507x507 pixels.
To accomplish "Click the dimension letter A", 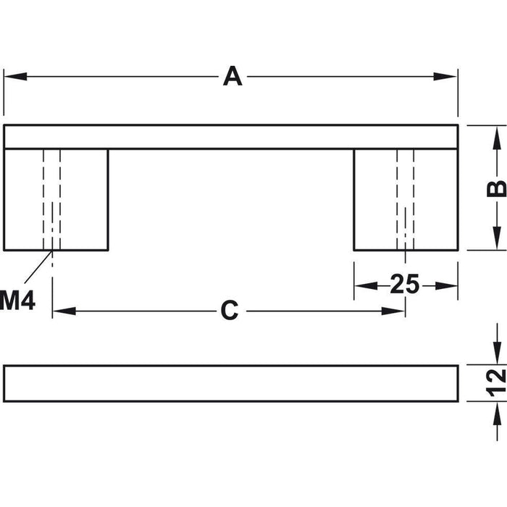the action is coord(232,76).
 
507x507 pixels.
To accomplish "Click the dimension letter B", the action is coord(496,188).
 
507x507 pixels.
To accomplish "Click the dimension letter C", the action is coord(230,311).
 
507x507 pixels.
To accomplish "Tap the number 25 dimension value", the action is coord(404,284).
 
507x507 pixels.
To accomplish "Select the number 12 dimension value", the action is coord(496,382).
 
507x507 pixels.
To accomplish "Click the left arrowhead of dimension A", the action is coord(15,77).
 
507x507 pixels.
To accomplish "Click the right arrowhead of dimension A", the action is coord(445,77).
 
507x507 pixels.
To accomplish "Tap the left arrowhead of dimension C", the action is coord(64,311).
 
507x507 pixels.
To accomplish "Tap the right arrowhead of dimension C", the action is coord(393,311).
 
